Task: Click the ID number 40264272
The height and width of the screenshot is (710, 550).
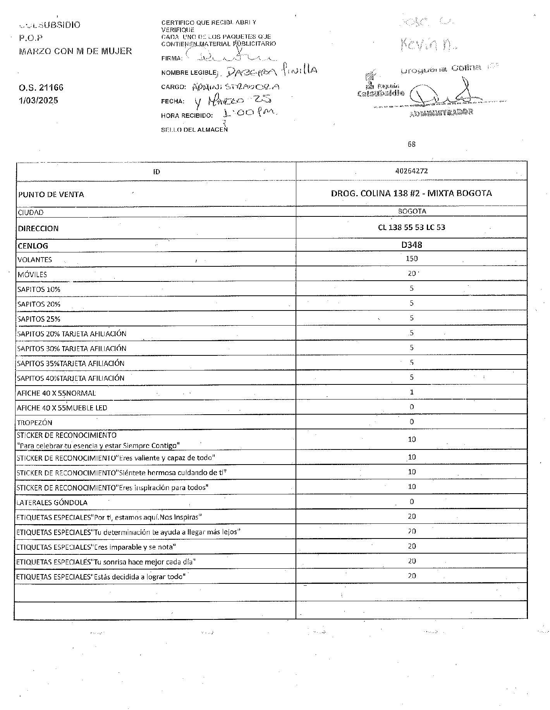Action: coord(411,171)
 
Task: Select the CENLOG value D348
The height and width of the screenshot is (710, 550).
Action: coord(411,245)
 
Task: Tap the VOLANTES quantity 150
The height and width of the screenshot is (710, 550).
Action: coord(411,259)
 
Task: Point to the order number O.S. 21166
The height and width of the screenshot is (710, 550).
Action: coord(41,87)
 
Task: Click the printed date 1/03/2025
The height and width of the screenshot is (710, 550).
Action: coord(38,100)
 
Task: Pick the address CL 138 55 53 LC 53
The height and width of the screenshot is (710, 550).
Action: coord(411,227)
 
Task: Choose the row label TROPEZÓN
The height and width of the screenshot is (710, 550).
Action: coord(34,422)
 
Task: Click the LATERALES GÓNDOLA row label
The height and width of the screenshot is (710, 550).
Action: coord(52,502)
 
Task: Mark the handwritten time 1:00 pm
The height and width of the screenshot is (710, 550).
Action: coord(249,113)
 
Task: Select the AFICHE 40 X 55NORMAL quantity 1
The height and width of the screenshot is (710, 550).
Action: coord(411,392)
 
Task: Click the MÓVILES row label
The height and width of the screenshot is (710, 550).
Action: coord(32,274)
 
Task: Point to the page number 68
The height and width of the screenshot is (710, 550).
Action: coord(411,144)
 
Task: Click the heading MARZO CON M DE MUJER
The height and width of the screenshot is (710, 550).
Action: coord(75,51)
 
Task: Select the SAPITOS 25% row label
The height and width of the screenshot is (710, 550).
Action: coord(39,319)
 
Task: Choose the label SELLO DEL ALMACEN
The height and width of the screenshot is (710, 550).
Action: coord(194,130)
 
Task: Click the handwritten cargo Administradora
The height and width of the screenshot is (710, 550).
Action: coord(235,87)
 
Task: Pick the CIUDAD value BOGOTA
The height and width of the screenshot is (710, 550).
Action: coord(412,211)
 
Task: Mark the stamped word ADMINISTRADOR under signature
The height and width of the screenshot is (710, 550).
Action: coord(441,113)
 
